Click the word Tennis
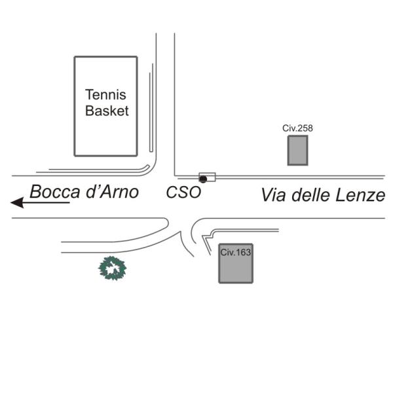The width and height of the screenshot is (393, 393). [105, 95]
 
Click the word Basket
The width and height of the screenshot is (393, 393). [107, 111]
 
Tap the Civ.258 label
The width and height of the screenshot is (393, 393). [297, 128]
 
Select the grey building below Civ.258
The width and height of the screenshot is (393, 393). [298, 151]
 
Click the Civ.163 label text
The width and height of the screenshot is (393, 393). [236, 252]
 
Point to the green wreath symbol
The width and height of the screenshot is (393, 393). [112, 268]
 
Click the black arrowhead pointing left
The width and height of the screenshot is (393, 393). [18, 202]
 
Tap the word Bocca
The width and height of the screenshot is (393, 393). [55, 192]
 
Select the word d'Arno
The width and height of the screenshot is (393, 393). [112, 192]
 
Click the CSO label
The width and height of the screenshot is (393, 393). [183, 192]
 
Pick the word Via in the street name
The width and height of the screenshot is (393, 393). [273, 195]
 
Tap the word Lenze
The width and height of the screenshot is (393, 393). [360, 195]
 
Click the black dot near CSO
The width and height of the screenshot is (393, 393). [203, 179]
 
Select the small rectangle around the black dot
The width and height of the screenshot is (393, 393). [207, 177]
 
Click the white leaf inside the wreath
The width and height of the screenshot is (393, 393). [113, 269]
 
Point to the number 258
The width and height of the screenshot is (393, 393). [305, 128]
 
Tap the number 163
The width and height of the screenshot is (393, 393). [243, 252]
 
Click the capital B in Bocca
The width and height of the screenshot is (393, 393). [35, 192]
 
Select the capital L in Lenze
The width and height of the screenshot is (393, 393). [340, 195]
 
